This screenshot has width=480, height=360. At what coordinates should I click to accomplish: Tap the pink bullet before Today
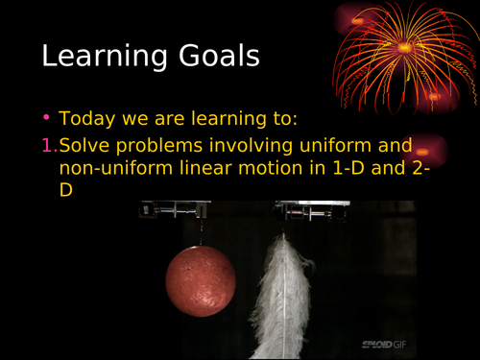[x=47, y=120]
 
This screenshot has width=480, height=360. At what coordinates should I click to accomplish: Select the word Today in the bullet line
[x=87, y=121]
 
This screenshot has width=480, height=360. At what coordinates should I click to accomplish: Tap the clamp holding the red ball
[x=174, y=208]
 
